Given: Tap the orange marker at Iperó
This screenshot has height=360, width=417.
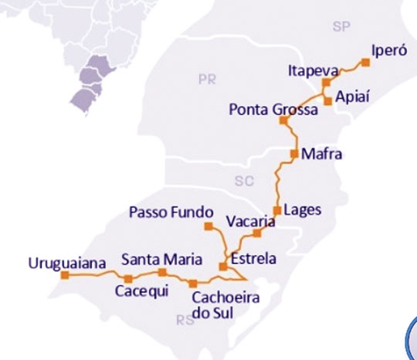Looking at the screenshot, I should [365, 62].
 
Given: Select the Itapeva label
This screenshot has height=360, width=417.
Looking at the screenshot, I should [310, 70].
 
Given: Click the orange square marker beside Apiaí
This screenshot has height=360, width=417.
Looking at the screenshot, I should [328, 100].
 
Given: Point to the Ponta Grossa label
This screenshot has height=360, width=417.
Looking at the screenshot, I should [273, 110].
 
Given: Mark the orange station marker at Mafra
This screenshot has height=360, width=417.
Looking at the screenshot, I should [294, 154].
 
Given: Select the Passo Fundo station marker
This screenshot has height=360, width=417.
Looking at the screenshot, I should [207, 226].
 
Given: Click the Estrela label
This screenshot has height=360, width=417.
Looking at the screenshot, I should [253, 259].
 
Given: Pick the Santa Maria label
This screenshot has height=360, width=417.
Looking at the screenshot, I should [161, 259].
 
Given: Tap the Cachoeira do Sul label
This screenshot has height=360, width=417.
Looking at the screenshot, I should [224, 305].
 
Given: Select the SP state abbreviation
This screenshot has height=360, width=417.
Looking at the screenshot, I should [341, 27].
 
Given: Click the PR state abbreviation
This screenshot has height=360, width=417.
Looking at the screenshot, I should [207, 79].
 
